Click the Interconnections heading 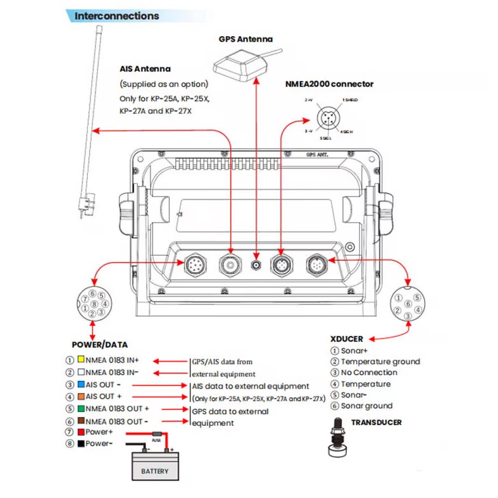click(116, 16)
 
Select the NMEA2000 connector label click(330, 84)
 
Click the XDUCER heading click(346, 339)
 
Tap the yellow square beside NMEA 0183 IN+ click(81, 358)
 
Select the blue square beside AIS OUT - click(81, 384)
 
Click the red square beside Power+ click(81, 432)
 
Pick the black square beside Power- click(81, 444)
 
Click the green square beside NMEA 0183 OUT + click(81, 408)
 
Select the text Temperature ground click(380, 361)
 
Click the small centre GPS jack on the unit click(256, 265)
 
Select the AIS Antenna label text click(145, 68)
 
